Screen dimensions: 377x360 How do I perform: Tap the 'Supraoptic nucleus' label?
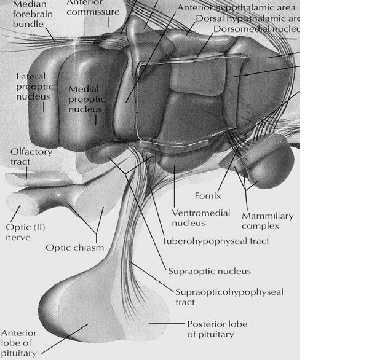[x=209, y=270]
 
